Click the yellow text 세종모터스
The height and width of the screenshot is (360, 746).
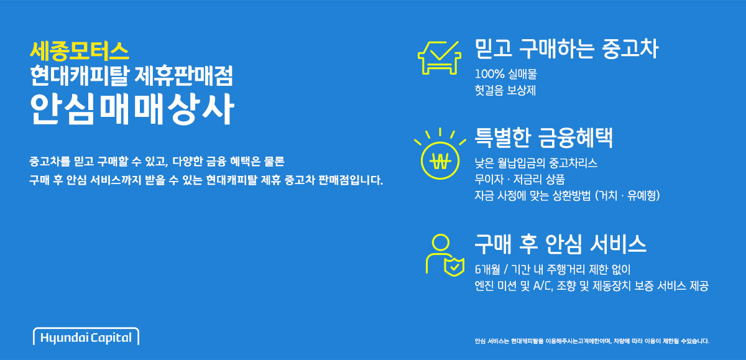click(x=80, y=51)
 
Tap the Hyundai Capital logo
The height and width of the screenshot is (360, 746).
click(x=86, y=337)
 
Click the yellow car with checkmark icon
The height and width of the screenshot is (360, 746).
click(x=440, y=58)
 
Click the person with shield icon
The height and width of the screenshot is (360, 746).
click(x=445, y=255)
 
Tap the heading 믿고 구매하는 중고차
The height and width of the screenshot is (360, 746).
click(x=566, y=49)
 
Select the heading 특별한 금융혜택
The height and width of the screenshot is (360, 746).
click(x=543, y=137)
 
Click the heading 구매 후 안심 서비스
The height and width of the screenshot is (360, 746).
click(x=561, y=244)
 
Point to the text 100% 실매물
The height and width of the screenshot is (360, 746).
click(x=506, y=74)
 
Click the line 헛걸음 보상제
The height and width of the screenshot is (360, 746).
click(x=505, y=90)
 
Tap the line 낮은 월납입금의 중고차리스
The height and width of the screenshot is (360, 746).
click(x=536, y=163)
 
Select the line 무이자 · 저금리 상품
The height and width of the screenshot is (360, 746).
click(x=520, y=179)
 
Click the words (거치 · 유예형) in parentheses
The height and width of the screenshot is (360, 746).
click(x=627, y=195)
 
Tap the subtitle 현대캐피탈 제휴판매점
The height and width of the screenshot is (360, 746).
click(x=131, y=76)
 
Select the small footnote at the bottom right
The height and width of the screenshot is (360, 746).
click(x=592, y=341)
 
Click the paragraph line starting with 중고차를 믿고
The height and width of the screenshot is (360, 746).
click(x=157, y=162)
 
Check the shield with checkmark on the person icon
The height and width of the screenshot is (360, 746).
click(x=454, y=266)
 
